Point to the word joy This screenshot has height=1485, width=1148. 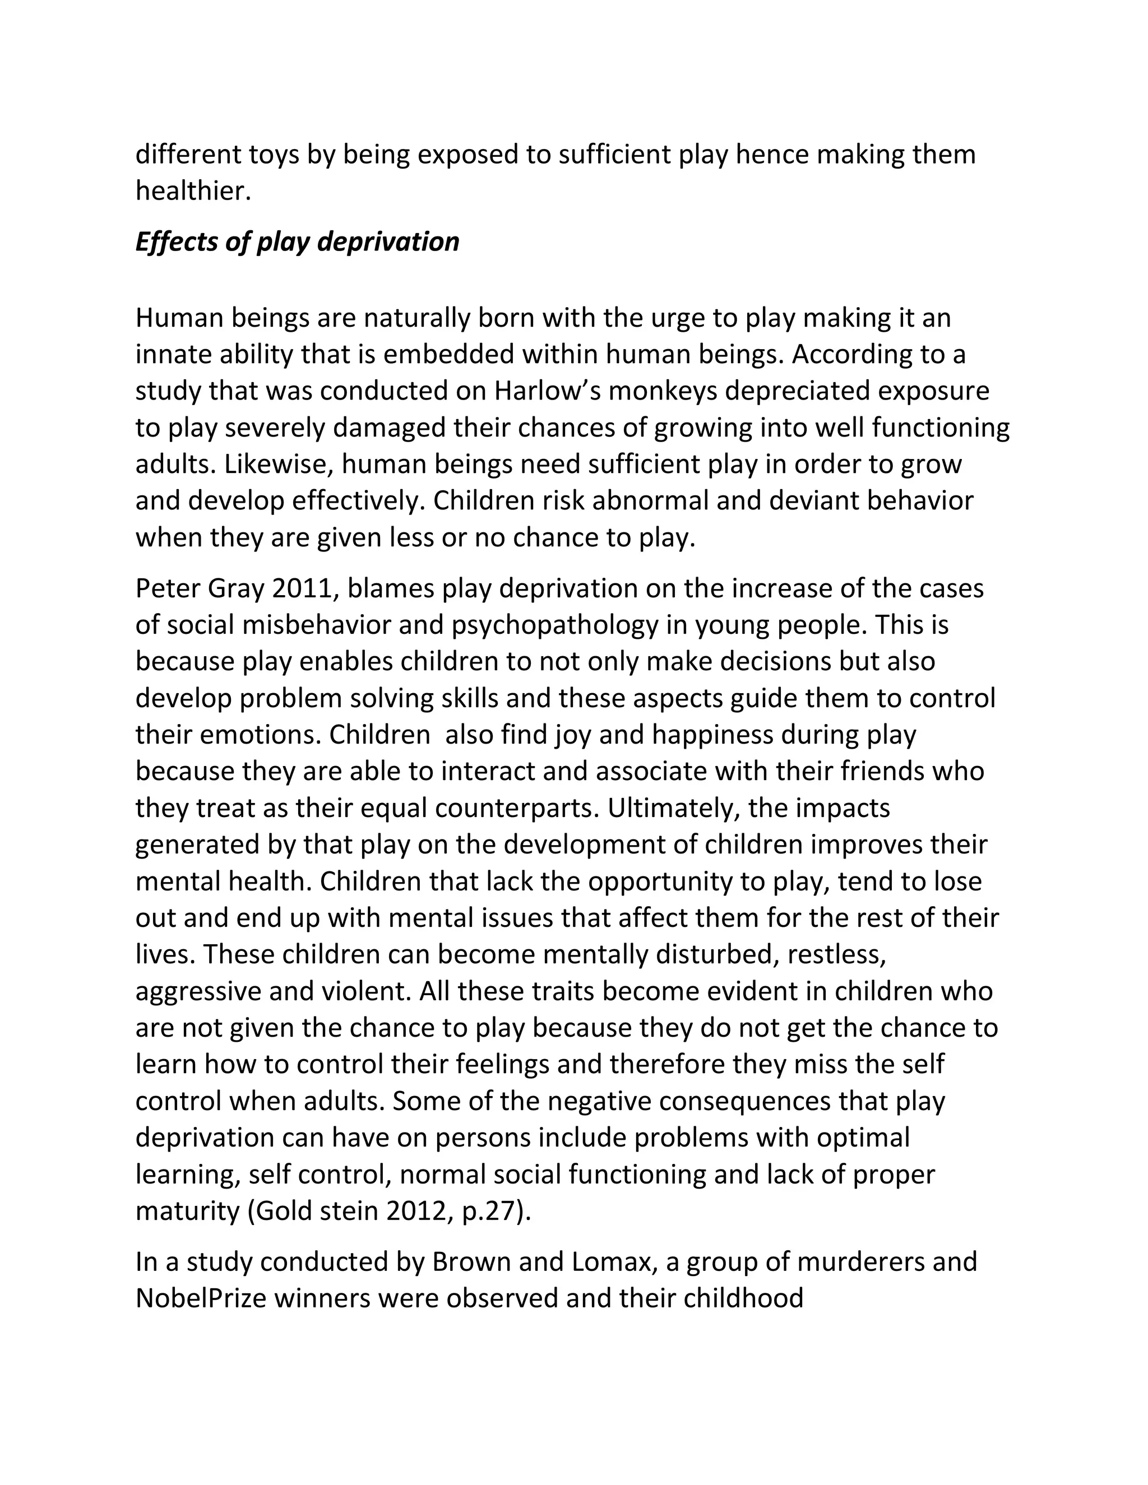point(526,735)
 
